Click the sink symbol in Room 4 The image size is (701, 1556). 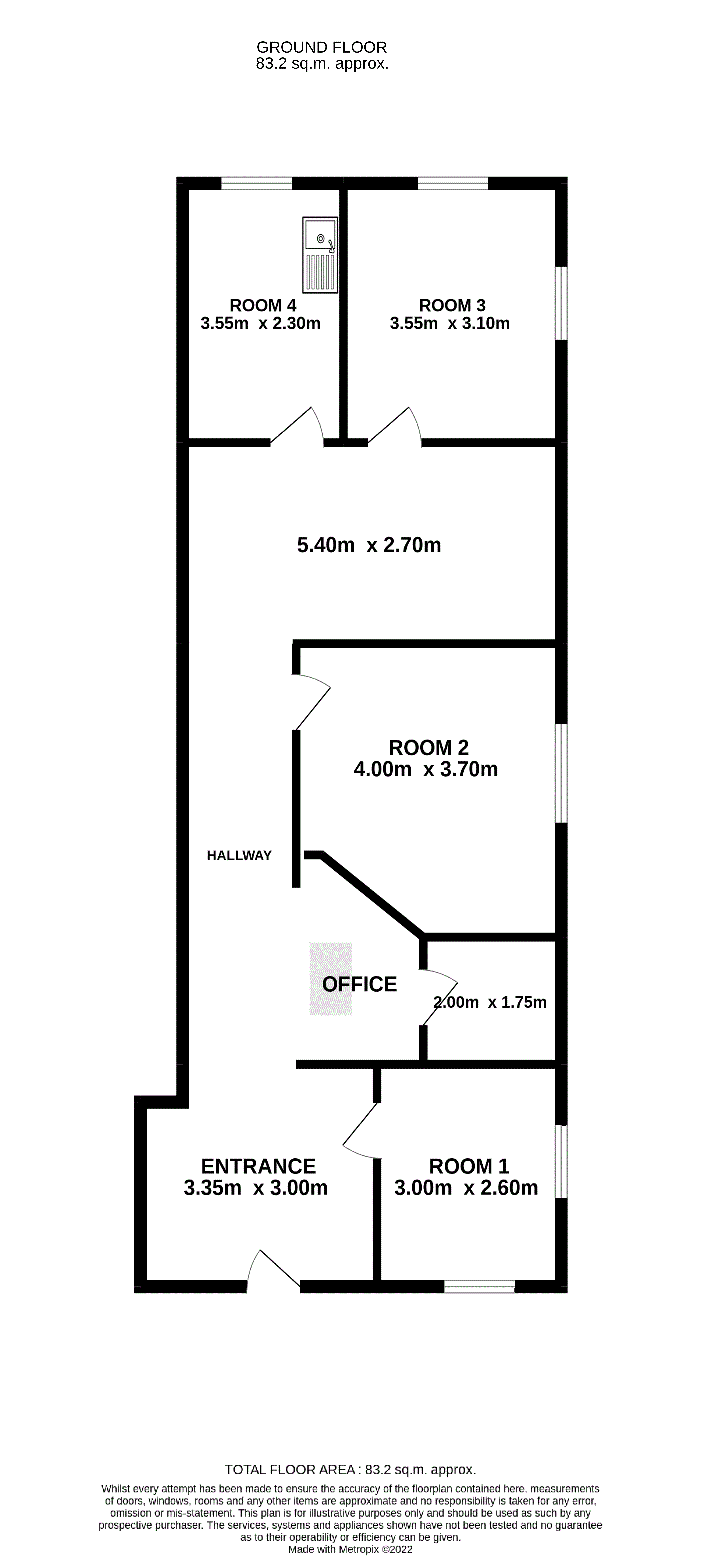pos(320,255)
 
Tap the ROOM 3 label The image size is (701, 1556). pos(452,306)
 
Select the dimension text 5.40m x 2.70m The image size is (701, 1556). pos(369,545)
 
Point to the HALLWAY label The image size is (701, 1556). pos(239,855)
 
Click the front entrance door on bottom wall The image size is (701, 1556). pos(274,1272)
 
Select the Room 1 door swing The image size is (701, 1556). pos(361,1131)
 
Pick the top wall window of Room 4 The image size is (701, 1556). pos(257,183)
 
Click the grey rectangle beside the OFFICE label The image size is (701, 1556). pos(331,978)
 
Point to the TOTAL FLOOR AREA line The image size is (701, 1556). pos(351,1470)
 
